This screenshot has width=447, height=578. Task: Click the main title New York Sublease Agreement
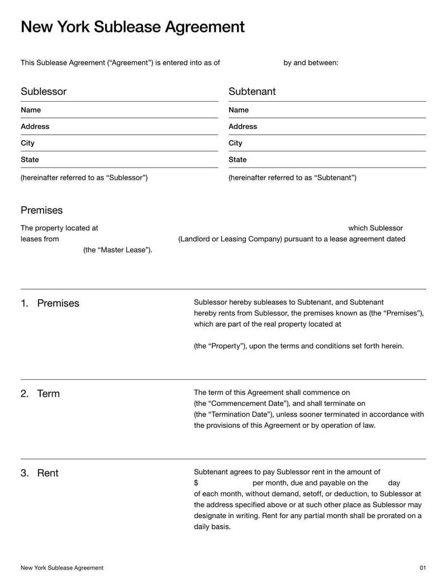tap(132, 27)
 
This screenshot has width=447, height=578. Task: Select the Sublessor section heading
tap(44, 92)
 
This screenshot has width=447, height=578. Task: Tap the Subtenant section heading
tap(252, 92)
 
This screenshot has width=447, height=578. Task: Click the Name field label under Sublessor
tap(31, 110)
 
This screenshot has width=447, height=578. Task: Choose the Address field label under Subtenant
tap(242, 127)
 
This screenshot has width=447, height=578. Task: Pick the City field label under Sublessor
tap(27, 143)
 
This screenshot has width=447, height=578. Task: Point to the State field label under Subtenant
tap(237, 160)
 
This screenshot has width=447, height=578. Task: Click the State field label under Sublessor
tap(30, 160)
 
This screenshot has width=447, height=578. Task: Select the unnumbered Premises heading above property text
tap(41, 211)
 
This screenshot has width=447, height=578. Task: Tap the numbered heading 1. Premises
tap(50, 303)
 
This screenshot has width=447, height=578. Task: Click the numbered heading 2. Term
tap(40, 394)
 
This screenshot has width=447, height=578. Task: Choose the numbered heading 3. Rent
tap(40, 473)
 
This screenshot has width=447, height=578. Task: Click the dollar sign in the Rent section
tap(196, 483)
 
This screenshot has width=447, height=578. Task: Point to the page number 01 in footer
tap(422, 568)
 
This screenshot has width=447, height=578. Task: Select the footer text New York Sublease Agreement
tap(62, 568)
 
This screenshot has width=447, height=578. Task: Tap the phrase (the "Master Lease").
tap(117, 250)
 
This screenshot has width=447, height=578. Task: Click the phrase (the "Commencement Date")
tap(241, 404)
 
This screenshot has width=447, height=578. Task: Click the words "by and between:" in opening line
tap(311, 63)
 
